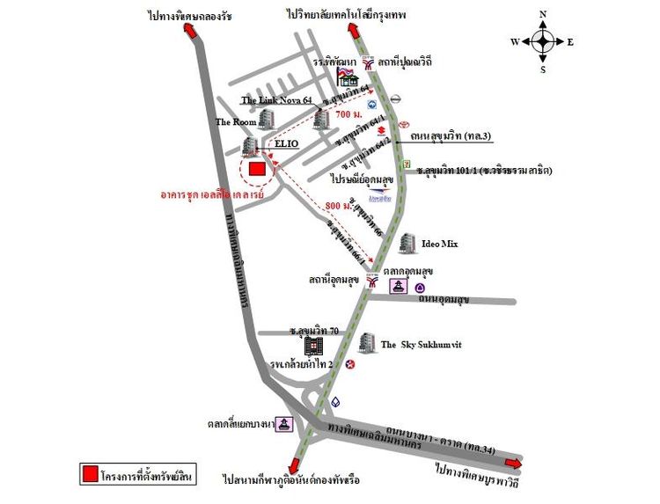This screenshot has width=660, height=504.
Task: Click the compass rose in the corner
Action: pyautogui.click(x=543, y=40)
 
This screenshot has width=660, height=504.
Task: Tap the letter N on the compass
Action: pyautogui.click(x=543, y=13)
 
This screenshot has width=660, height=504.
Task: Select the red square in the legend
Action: pyautogui.click(x=89, y=476)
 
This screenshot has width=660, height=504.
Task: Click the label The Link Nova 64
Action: pyautogui.click(x=276, y=101)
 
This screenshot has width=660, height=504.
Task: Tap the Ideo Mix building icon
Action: pyautogui.click(x=407, y=244)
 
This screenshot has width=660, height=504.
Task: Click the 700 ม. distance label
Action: pyautogui.click(x=348, y=115)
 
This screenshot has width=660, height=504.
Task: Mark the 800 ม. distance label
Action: pyautogui.click(x=339, y=206)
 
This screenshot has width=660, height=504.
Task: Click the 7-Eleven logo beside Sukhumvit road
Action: pyautogui.click(x=406, y=164)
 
